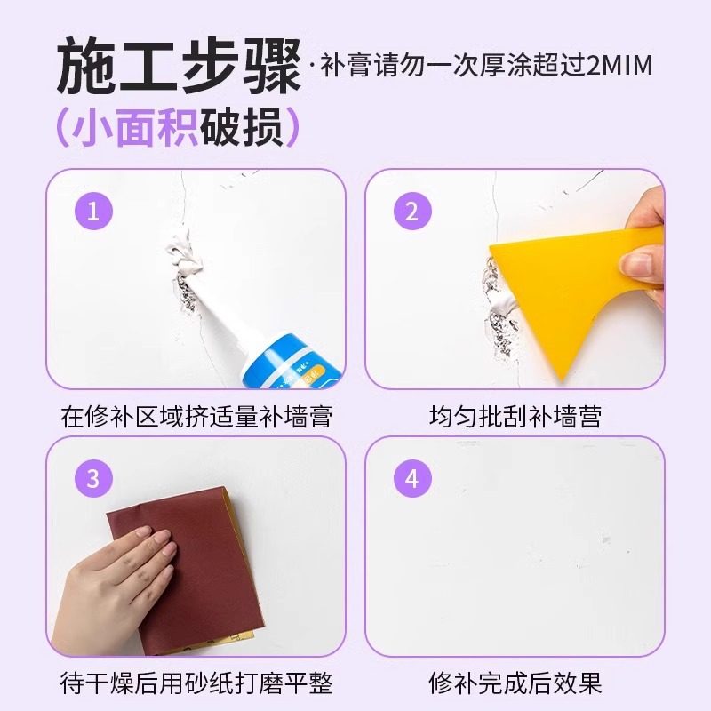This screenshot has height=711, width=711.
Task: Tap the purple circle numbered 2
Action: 411,212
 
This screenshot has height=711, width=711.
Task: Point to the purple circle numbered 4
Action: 411,479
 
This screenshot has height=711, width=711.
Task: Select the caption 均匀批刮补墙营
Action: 514,415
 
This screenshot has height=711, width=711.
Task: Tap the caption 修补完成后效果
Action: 514,683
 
